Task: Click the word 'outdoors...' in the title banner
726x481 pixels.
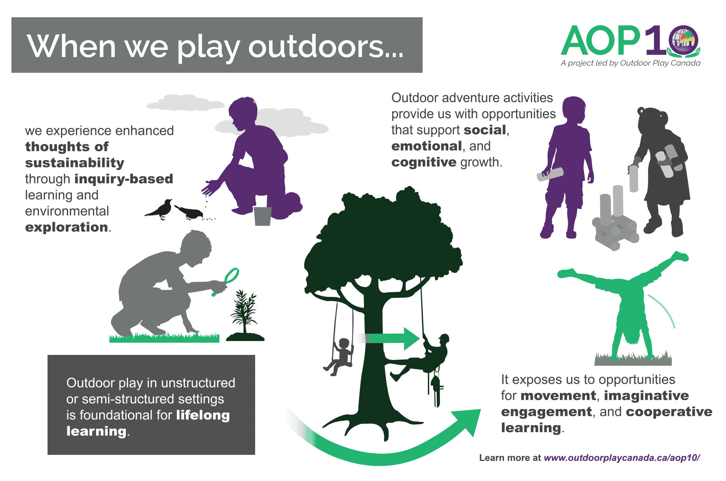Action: coord(326,46)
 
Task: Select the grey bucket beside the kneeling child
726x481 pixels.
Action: coord(263,216)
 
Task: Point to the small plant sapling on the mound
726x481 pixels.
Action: coord(245,312)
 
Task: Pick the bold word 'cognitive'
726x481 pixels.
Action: coord(424,162)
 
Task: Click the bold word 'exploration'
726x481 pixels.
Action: coord(66,227)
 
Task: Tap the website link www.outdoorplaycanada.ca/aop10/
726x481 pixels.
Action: coord(622,458)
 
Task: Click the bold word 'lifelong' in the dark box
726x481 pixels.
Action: coord(203,415)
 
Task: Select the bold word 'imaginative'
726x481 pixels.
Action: coord(646,396)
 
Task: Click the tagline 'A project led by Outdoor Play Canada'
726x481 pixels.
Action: coord(630,63)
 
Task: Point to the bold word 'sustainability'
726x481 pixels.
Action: coord(75,163)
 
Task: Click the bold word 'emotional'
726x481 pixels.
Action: coord(427,146)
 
